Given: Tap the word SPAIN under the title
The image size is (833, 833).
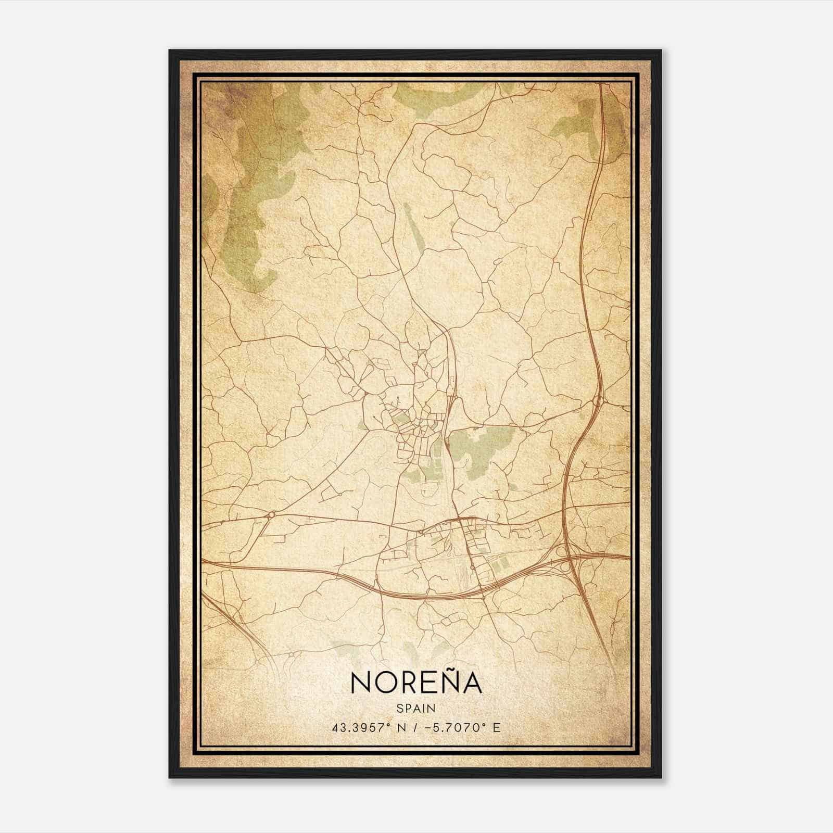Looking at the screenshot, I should pyautogui.click(x=416, y=708).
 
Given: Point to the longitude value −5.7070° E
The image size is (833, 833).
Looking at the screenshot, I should pyautogui.click(x=463, y=728).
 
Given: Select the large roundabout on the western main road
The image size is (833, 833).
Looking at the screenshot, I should pyautogui.click(x=271, y=515).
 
